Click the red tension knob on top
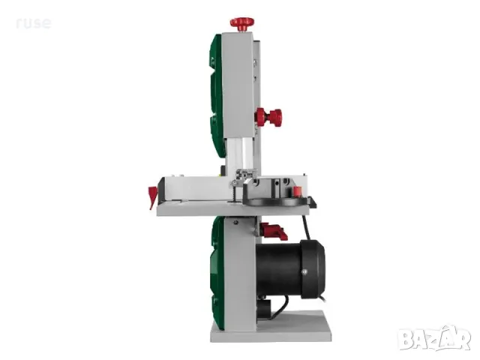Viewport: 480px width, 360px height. point(242,24)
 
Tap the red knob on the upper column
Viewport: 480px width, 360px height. point(268,117)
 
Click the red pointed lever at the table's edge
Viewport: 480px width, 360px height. point(153,196)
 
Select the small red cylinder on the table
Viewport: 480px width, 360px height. point(297,191)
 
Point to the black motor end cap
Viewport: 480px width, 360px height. point(312,269)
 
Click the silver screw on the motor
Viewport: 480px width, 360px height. point(304,271)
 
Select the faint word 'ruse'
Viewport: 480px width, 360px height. point(34,23)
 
